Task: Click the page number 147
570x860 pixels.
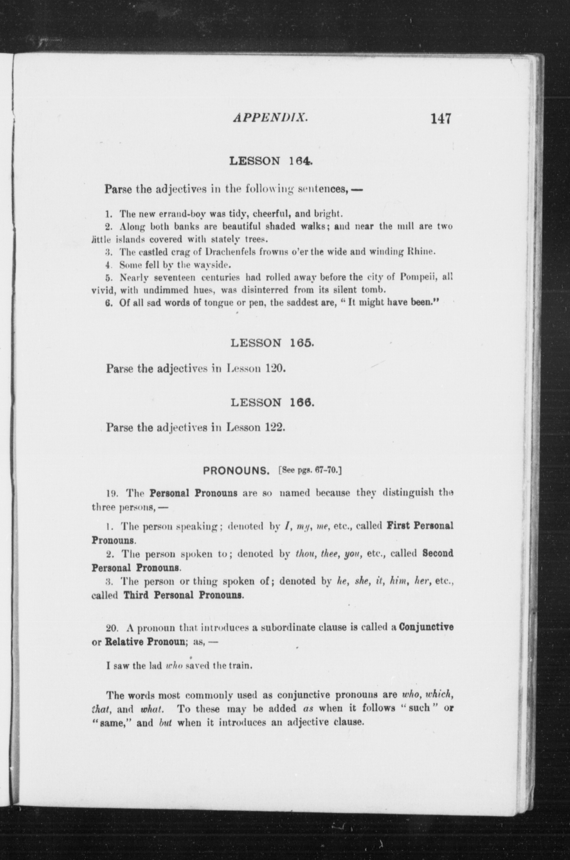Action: pos(441,119)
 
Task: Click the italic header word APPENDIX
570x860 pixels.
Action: pos(271,118)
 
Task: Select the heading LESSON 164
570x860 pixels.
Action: pos(271,161)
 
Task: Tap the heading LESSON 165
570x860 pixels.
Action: pos(272,343)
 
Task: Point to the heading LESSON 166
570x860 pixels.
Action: pos(272,403)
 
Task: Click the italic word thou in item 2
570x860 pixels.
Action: pos(303,553)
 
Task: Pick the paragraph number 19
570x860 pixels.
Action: pos(111,493)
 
